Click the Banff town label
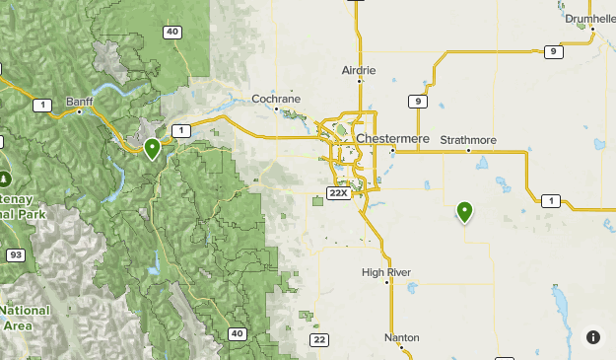tap(78, 102)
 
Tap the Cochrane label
tap(275, 99)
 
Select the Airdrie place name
tap(358, 71)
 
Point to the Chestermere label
tap(393, 139)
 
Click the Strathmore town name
tap(468, 140)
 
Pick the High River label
tap(385, 272)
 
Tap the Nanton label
tap(402, 337)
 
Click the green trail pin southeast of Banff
tap(152, 149)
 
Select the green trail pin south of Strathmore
tap(464, 210)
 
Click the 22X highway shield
tap(339, 192)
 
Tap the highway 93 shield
tap(16, 255)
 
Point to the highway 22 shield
tap(318, 339)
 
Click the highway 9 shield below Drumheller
tap(553, 51)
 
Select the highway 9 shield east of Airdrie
tap(420, 102)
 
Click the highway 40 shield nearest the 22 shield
tap(237, 333)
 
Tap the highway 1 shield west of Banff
tap(41, 104)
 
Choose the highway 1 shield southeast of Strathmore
tap(551, 201)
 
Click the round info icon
tap(593, 337)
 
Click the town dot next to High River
tap(388, 282)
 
